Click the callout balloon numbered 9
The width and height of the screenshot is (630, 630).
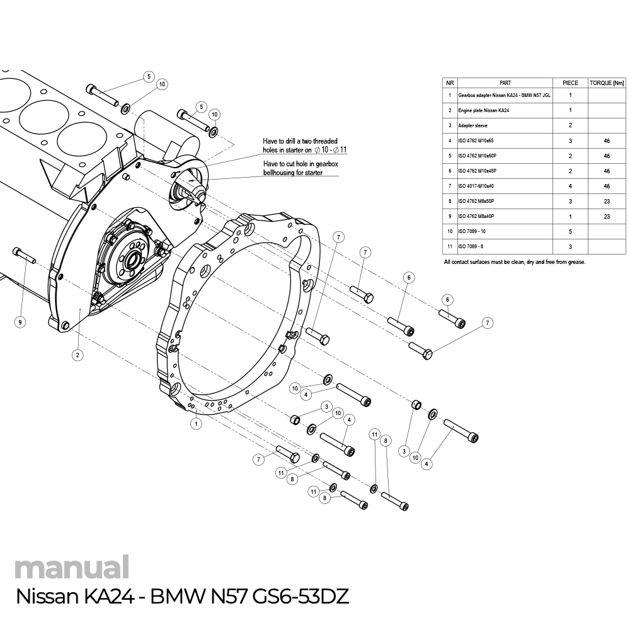tap(20, 322)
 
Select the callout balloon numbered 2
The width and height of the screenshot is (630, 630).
tap(77, 355)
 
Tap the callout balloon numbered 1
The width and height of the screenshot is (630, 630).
tap(197, 424)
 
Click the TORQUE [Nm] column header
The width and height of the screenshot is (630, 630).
tap(607, 83)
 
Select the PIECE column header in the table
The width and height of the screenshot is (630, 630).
tap(570, 83)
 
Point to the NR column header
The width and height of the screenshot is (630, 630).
tap(450, 83)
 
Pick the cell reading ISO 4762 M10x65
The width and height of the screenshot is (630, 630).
tap(476, 140)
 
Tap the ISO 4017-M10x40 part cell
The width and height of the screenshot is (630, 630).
tap(476, 186)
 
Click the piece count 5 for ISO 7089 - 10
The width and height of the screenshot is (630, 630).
tap(570, 231)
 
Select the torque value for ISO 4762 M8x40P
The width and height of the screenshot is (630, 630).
tap(607, 216)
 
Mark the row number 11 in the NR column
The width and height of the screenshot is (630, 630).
tap(450, 246)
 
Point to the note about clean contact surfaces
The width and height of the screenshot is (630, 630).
tap(514, 261)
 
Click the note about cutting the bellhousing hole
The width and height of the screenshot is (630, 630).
tap(300, 168)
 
